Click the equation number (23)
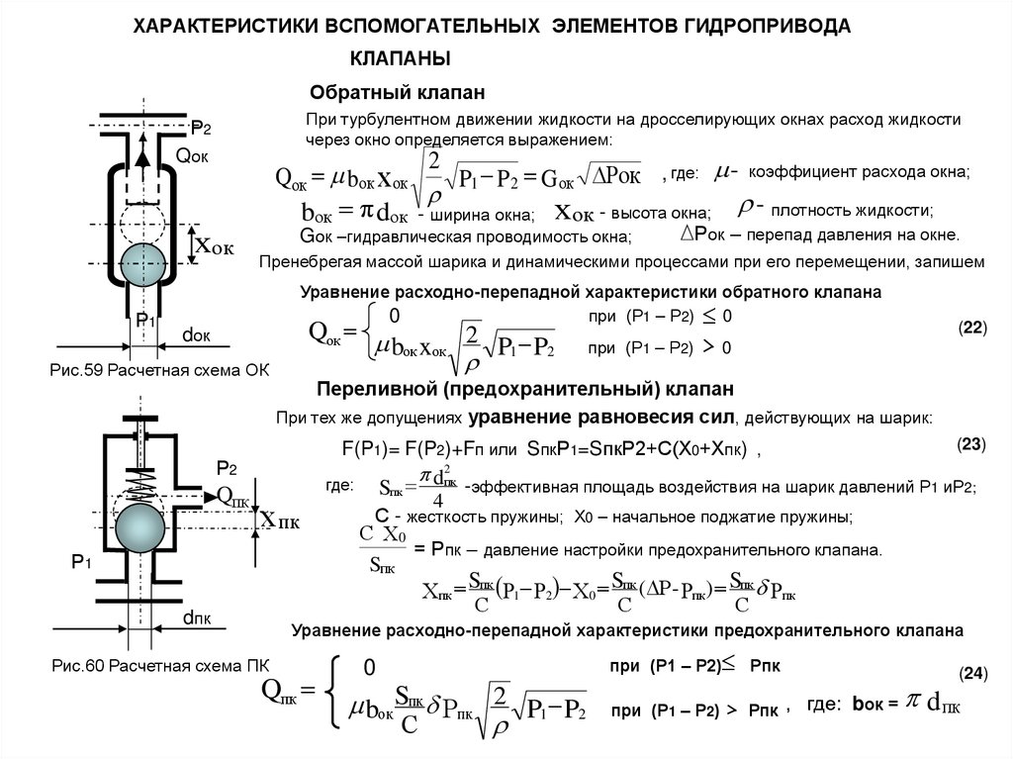click(x=971, y=444)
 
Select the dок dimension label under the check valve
click(x=196, y=334)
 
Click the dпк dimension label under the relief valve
click(x=196, y=618)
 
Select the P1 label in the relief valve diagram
click(x=81, y=562)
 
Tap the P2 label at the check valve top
click(x=201, y=127)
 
